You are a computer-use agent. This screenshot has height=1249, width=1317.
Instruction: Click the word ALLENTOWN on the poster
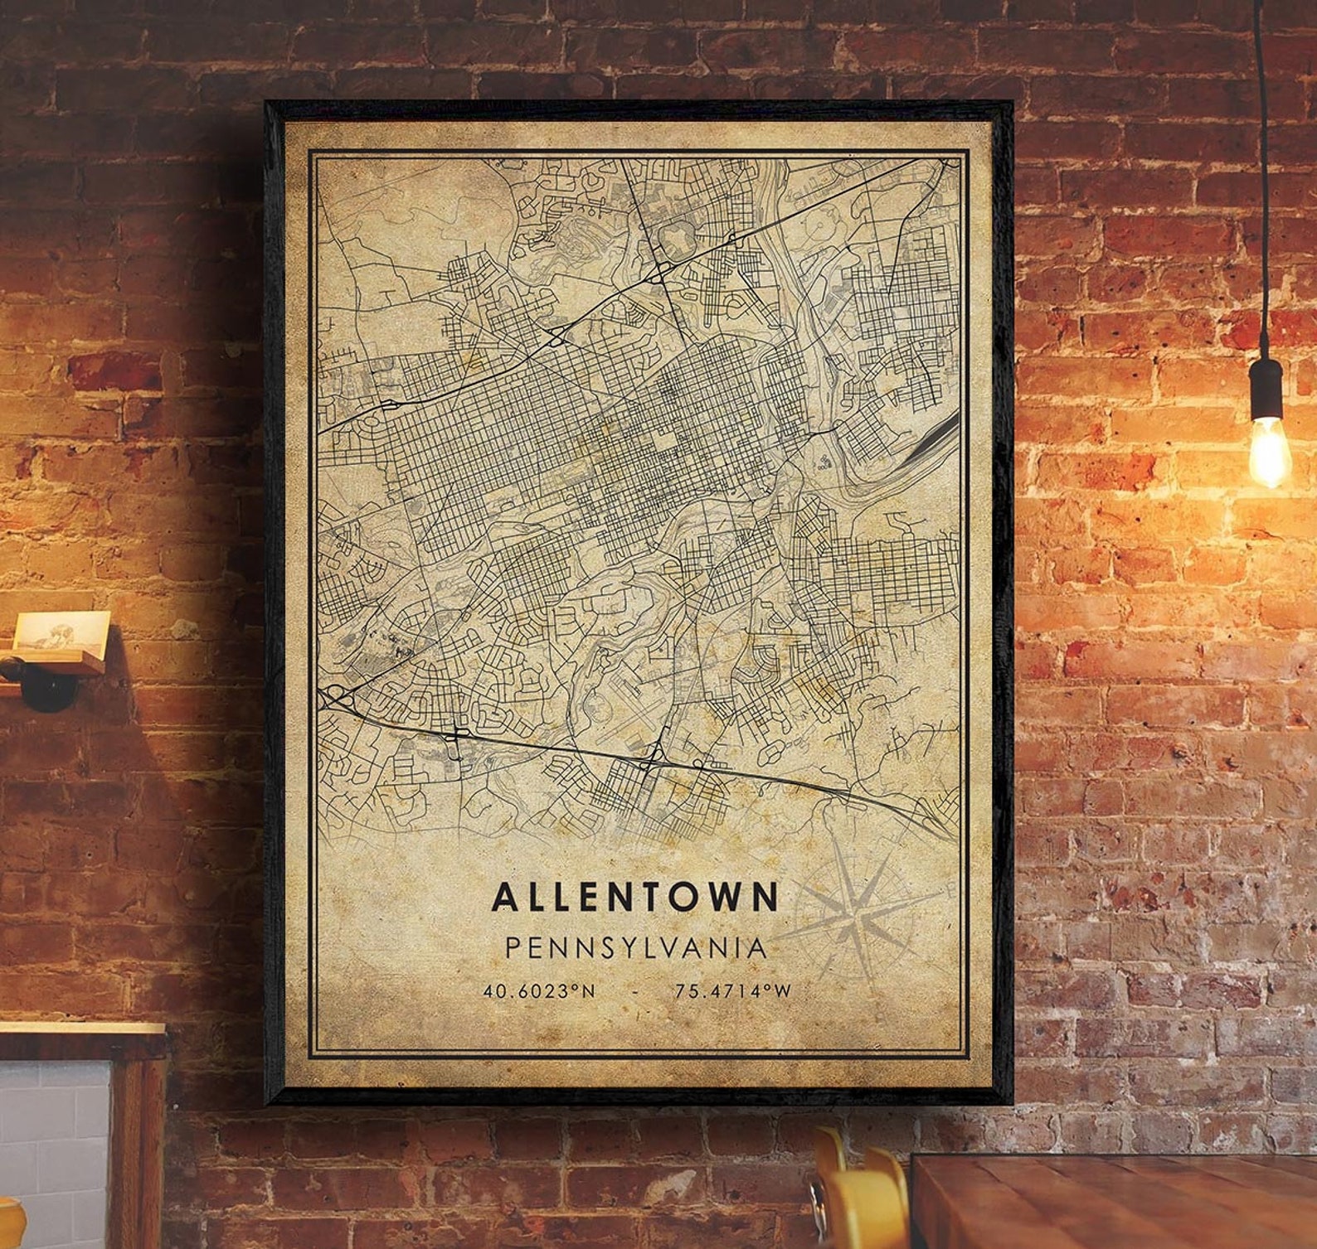(x=635, y=897)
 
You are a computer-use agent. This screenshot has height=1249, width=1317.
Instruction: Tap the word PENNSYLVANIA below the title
(x=636, y=947)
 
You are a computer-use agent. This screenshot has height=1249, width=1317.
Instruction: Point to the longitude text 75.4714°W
(x=733, y=990)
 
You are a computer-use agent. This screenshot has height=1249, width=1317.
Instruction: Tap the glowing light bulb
(x=1269, y=452)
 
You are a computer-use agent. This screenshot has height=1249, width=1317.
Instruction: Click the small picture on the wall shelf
(x=61, y=632)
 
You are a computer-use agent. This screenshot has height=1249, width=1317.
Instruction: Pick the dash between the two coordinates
(x=635, y=991)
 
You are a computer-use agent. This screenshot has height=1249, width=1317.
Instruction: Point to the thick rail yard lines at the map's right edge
(x=933, y=439)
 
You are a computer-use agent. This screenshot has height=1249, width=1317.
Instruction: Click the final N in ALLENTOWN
(x=766, y=897)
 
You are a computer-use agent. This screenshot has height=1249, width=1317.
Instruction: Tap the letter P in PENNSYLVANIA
(x=513, y=947)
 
